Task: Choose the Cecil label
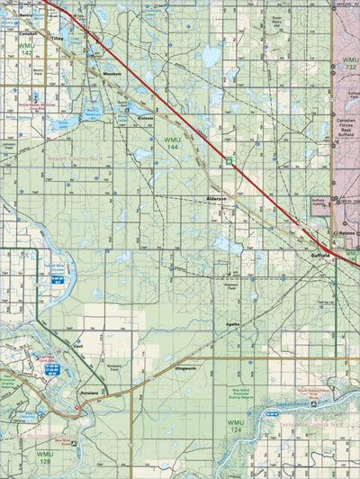point(78,346)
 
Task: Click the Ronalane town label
point(85,393)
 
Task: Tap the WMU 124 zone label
point(235,425)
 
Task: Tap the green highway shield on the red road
point(229,162)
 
